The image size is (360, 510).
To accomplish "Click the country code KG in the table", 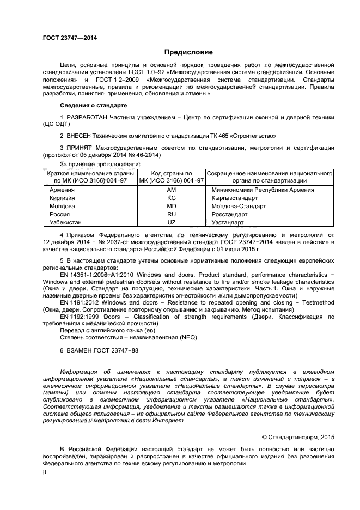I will pyautogui.click(x=172, y=198).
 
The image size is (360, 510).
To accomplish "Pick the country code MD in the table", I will pyautogui.click(x=172, y=207).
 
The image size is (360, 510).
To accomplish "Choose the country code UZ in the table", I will pyautogui.click(x=172, y=223).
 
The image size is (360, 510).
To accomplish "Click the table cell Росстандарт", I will pyautogui.click(x=231, y=215).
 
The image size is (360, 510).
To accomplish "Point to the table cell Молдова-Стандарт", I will pyautogui.click(x=239, y=207).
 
